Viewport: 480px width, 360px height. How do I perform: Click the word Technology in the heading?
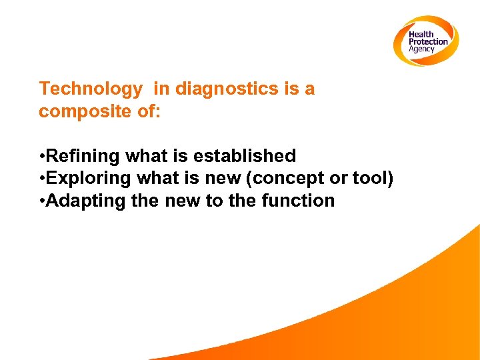tap(91, 89)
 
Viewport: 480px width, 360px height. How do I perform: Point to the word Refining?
tap(83, 156)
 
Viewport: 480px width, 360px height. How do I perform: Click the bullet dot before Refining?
tap(42, 157)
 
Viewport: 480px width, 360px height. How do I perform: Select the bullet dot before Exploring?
tap(42, 179)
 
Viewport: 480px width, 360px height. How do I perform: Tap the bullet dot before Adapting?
tap(42, 201)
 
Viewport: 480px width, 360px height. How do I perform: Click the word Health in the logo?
tap(421, 35)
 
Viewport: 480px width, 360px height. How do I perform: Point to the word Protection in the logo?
tap(428, 42)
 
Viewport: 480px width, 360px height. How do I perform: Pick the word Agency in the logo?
tap(421, 49)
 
